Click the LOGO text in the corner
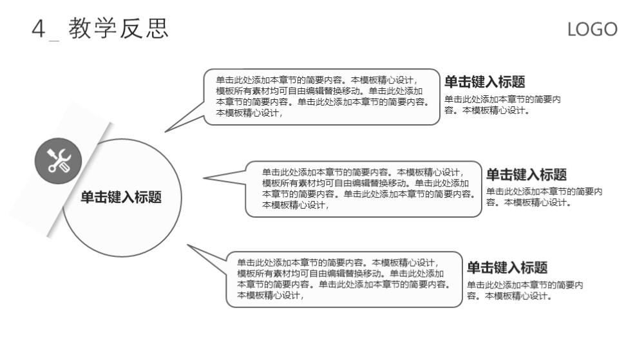coord(592,30)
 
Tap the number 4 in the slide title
coord(38,29)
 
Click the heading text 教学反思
coord(118,28)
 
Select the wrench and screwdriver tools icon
coord(59,160)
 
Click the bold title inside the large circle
coord(121,197)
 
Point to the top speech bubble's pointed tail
coord(165,132)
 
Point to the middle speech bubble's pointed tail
coord(204,178)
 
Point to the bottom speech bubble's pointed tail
coord(187,245)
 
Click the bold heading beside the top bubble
coord(485,82)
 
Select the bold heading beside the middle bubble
coord(527,175)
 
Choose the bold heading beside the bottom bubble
coord(507,268)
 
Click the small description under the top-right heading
coord(502,105)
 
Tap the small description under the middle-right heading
coord(544,196)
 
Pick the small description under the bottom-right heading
coord(525,290)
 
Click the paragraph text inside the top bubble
coord(323,97)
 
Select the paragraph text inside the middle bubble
coord(368,189)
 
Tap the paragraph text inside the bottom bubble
coord(344,279)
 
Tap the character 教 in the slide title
coord(80,28)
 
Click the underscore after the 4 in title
coord(54,41)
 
